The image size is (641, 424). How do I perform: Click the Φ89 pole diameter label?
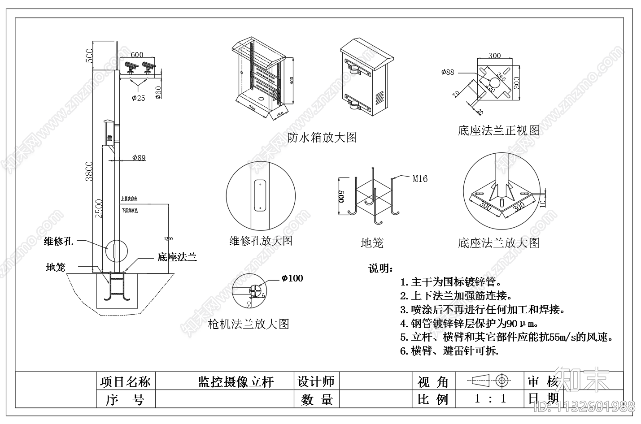click(139, 158)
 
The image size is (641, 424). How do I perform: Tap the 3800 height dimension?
click(89, 171)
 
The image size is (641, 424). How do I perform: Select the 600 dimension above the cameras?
click(137, 55)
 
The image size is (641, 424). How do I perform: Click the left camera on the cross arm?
click(131, 67)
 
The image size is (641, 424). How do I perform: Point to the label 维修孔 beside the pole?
click(58, 241)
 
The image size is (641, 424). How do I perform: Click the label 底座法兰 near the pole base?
click(177, 257)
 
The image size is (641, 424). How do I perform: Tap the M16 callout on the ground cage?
click(420, 179)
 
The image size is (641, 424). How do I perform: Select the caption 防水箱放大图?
click(322, 137)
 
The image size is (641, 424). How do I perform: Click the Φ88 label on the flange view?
click(447, 72)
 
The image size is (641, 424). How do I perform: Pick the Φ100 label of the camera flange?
click(292, 278)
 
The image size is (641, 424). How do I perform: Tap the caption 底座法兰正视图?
click(498, 130)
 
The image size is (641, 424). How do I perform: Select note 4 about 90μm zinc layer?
click(469, 323)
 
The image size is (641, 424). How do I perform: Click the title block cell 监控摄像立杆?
click(235, 382)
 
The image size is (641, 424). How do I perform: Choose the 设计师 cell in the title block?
click(316, 381)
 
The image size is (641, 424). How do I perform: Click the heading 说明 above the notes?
click(380, 268)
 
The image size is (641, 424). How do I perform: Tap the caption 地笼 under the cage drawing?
click(372, 243)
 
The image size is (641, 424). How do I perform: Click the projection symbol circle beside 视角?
click(502, 381)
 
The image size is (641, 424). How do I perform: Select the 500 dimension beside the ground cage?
click(341, 196)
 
